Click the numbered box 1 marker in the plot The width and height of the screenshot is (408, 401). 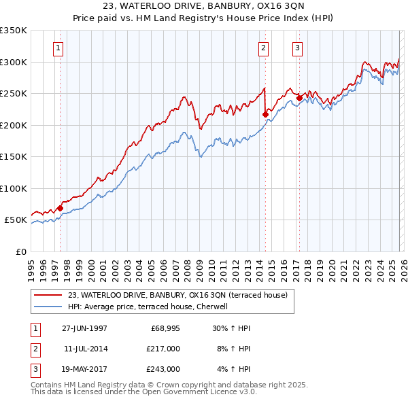(x=58, y=48)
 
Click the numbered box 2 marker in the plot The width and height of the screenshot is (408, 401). (x=263, y=48)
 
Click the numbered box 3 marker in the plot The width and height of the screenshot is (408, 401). (x=298, y=48)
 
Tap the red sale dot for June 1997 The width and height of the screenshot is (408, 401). (x=60, y=208)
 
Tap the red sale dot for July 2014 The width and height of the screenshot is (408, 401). (x=265, y=114)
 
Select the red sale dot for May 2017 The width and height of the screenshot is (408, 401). (x=299, y=98)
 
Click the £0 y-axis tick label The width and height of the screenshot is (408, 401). (x=20, y=252)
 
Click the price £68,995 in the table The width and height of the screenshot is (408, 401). (x=165, y=328)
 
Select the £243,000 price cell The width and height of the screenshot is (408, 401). (x=163, y=369)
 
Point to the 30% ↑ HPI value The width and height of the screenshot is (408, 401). (x=231, y=328)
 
